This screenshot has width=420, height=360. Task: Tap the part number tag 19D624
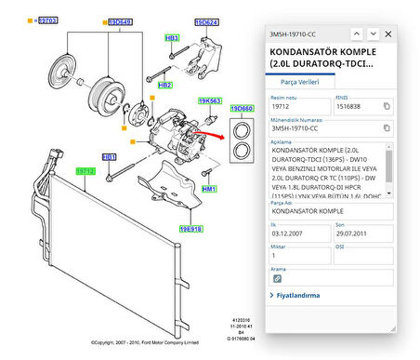click(x=206, y=20)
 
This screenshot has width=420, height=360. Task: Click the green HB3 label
click(x=172, y=38)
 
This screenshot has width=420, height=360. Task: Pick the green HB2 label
click(x=165, y=85)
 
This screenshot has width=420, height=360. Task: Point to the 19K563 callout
click(x=210, y=100)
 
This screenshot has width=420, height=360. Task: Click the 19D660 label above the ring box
click(x=243, y=109)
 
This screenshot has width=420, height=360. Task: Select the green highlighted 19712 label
click(x=85, y=171)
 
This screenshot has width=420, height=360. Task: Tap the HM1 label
click(x=209, y=189)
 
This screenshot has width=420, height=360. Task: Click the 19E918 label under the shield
click(x=191, y=229)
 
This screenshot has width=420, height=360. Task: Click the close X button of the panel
click(x=387, y=33)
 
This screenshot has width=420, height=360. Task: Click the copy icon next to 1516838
click(x=387, y=106)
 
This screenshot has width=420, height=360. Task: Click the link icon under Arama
click(x=277, y=278)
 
